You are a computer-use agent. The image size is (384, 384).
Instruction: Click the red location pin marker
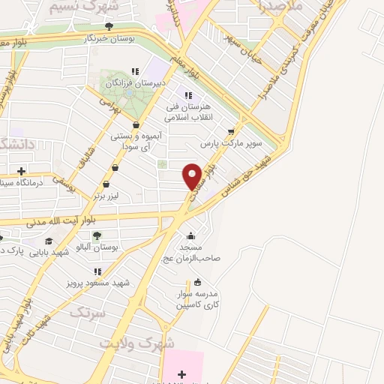click(x=192, y=175)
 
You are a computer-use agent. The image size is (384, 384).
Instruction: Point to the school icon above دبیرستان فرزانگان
click(x=134, y=70)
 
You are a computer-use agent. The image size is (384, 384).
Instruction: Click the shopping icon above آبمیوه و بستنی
click(x=135, y=125)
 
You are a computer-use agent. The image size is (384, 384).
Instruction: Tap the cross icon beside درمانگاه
click(x=21, y=171)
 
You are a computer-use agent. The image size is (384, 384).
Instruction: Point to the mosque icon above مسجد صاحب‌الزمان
click(x=191, y=235)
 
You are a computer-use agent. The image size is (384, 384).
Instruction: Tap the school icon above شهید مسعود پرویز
click(x=97, y=271)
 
